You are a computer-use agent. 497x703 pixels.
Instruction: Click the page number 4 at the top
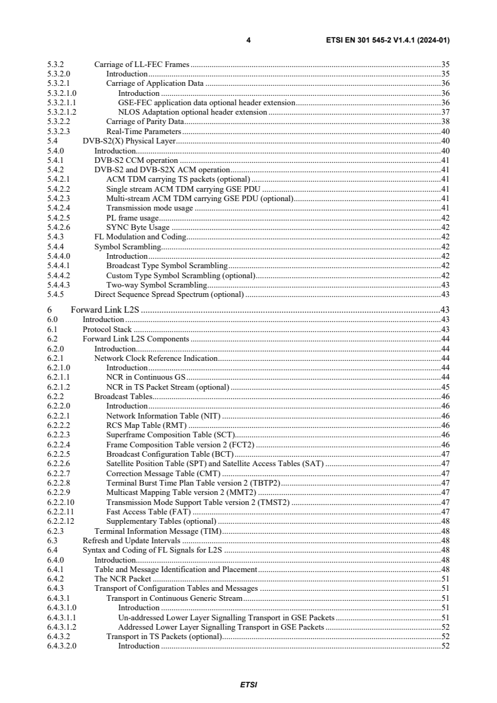(249, 40)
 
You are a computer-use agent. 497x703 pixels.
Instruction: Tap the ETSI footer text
(249, 685)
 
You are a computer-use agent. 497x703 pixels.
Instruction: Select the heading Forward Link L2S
(105, 310)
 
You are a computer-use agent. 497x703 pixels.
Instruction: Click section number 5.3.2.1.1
(61, 103)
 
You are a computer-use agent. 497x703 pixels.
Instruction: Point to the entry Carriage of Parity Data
(145, 122)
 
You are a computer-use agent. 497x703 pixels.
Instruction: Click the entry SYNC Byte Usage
(138, 227)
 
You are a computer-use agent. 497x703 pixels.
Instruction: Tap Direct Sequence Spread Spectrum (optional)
(169, 294)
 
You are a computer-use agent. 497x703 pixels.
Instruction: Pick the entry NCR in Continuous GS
(146, 377)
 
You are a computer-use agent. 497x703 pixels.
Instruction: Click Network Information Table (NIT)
(164, 415)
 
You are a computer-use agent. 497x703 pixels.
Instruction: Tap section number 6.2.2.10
(61, 502)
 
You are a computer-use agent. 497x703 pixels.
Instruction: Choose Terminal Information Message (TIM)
(158, 531)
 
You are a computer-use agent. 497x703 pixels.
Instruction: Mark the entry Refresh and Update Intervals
(132, 540)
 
